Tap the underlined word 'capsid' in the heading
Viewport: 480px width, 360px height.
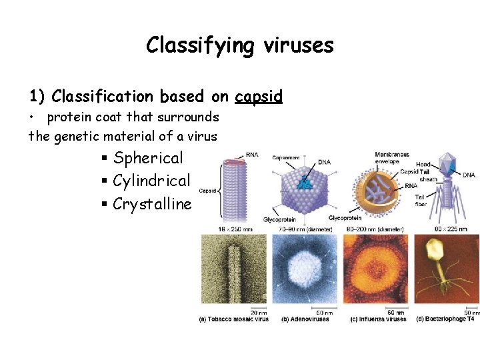click(259, 97)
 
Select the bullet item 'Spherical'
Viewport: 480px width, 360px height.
click(148, 158)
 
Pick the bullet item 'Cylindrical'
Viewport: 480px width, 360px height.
click(151, 181)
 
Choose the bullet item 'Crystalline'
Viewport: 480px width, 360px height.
click(152, 204)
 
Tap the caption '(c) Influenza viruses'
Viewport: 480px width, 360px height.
click(378, 319)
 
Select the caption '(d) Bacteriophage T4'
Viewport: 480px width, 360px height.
click(445, 319)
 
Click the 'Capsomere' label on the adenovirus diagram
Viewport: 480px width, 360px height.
click(285, 158)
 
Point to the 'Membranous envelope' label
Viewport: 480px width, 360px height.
click(392, 158)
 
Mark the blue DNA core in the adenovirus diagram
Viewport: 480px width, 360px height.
click(305, 181)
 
